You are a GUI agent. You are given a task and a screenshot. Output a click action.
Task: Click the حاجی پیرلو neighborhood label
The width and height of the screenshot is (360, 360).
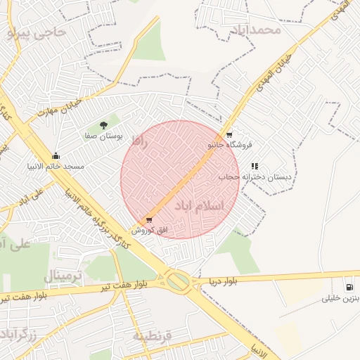pyautogui.click(x=39, y=33)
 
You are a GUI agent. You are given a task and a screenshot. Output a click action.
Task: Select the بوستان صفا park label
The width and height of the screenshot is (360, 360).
pyautogui.click(x=104, y=135)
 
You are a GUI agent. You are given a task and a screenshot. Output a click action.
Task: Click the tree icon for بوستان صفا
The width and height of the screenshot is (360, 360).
pyautogui.click(x=104, y=124)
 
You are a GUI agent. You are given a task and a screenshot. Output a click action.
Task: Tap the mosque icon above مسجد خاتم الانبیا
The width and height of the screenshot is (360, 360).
pyautogui.click(x=56, y=155)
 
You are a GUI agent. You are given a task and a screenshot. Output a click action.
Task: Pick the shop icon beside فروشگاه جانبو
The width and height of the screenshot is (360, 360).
pyautogui.click(x=229, y=135)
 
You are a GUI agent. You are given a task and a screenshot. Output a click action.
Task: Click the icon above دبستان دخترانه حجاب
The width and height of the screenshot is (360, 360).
pyautogui.click(x=255, y=167)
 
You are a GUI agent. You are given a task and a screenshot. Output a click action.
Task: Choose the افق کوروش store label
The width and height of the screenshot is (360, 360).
pyautogui.click(x=149, y=230)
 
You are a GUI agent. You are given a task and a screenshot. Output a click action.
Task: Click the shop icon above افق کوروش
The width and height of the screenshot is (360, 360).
pyautogui.click(x=149, y=220)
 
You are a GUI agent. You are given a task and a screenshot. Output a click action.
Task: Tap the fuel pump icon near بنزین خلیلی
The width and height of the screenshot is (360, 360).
pyautogui.click(x=349, y=287)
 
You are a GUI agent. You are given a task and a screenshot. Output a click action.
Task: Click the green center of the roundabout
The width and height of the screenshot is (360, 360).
pyautogui.click(x=178, y=282)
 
